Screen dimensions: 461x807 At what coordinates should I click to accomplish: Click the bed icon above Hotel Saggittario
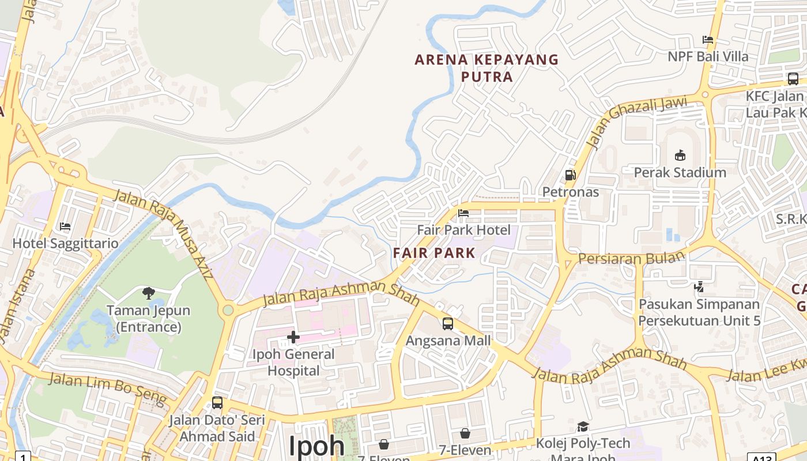pos(65,226)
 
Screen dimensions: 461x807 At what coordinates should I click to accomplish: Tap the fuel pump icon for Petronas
pos(570,175)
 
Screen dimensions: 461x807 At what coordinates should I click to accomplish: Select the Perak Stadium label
pos(680,172)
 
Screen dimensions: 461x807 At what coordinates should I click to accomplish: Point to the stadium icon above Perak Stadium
pos(680,155)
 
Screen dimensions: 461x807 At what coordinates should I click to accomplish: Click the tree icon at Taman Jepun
pos(149,293)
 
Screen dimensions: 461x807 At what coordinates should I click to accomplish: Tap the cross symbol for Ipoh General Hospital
pos(293,337)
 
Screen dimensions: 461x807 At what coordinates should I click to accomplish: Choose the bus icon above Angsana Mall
pos(448,324)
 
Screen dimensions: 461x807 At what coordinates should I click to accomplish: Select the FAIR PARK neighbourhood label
pos(434,252)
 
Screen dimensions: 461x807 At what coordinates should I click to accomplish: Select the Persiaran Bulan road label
pos(632,258)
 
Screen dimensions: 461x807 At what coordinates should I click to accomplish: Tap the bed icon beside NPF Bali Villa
pos(708,40)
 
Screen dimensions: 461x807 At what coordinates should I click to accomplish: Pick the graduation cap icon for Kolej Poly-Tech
pos(583,427)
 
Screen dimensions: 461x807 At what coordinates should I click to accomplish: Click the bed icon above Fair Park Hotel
pos(463,213)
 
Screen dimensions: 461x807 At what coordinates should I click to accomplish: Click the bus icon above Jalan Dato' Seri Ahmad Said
pos(217,403)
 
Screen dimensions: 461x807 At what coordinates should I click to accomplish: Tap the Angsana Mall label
pos(448,341)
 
